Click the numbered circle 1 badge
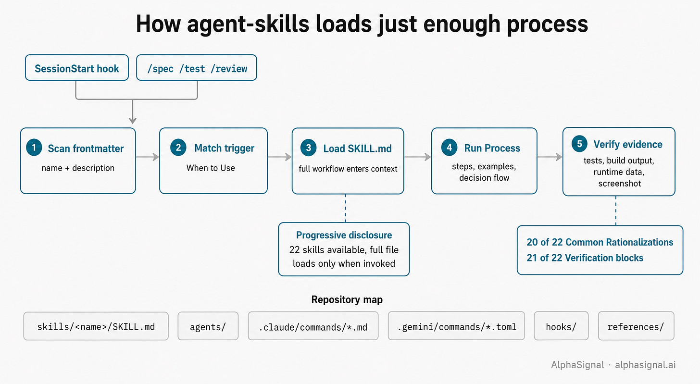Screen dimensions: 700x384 [34, 148]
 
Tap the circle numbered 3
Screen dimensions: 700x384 [309, 148]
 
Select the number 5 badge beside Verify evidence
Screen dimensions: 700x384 [579, 144]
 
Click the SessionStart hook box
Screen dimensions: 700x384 [77, 68]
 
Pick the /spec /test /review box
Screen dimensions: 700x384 [197, 68]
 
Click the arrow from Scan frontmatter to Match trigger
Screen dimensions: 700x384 [148, 157]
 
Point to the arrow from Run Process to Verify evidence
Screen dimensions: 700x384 [550, 157]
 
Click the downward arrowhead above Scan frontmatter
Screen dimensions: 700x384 [133, 121]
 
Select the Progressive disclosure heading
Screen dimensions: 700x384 [344, 235]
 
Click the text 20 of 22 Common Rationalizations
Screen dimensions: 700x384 [600, 242]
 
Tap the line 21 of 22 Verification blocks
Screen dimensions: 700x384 [585, 258]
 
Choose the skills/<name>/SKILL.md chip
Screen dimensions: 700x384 [96, 326]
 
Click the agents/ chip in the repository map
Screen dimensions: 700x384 [208, 326]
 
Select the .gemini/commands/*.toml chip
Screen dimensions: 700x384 [456, 326]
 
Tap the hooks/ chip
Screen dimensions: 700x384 [561, 326]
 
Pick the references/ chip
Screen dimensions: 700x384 [636, 326]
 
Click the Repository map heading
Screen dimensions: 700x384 [347, 299]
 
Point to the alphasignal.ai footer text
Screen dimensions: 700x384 [645, 365]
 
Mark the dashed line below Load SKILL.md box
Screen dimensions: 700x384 [345, 208]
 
